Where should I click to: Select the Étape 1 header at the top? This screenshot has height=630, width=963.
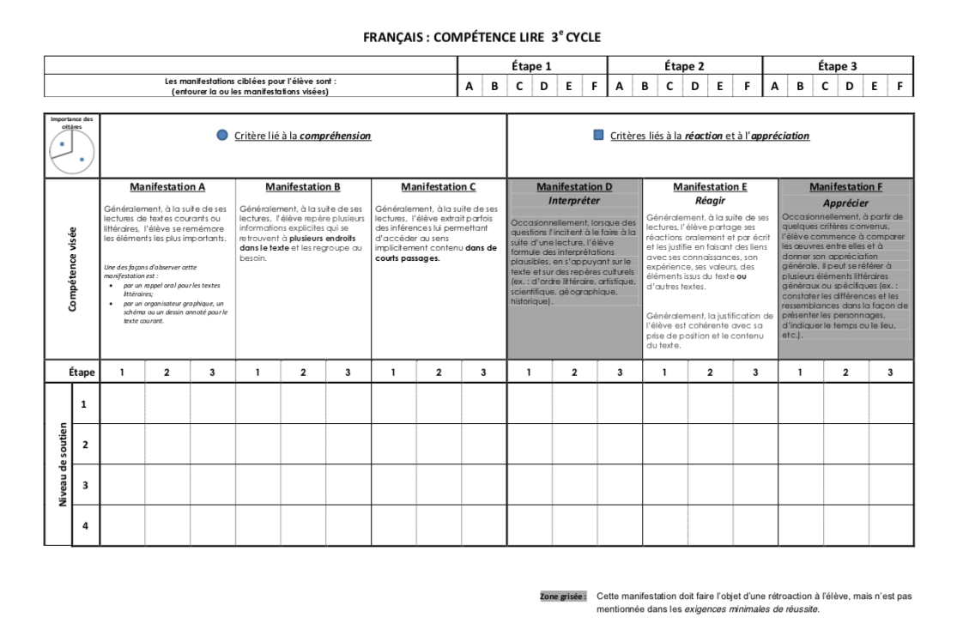coord(531,65)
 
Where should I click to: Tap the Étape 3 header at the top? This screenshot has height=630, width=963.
coord(837,65)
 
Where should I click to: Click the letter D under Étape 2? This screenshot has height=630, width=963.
coord(695,86)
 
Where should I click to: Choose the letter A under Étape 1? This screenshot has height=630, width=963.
coord(469,86)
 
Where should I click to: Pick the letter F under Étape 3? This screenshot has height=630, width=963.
coord(899,86)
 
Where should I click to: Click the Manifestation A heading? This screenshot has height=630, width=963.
coord(167,186)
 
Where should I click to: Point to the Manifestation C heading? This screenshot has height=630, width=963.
coord(439,186)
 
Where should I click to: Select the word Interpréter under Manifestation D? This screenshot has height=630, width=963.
coord(574,200)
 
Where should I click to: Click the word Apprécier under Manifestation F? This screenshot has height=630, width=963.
coord(845,203)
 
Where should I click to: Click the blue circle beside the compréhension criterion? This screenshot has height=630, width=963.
coord(223,136)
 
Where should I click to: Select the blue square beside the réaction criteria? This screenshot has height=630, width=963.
coord(598,136)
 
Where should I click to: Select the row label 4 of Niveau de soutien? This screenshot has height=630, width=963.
coord(85,525)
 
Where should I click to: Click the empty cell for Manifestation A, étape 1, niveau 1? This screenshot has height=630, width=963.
coord(122,403)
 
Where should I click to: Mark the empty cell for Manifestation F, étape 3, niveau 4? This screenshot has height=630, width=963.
coord(890,525)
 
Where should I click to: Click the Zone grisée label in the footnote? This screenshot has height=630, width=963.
coord(563,595)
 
